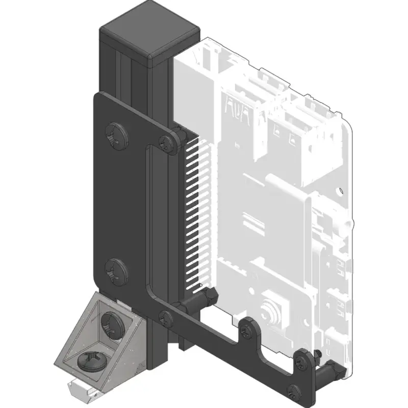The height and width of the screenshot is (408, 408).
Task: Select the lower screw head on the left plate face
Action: point(117,271)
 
